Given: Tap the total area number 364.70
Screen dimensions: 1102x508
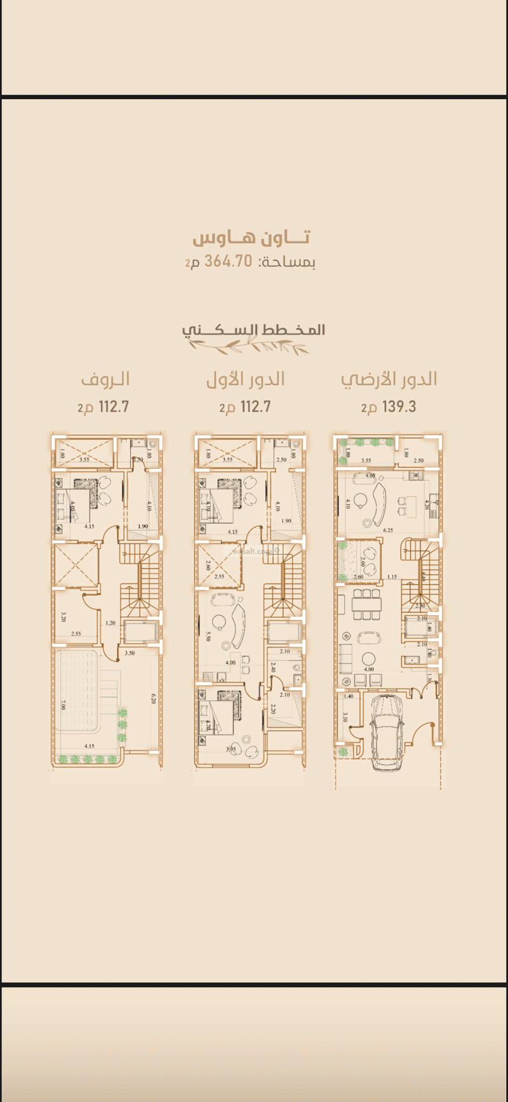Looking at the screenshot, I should coord(228,261).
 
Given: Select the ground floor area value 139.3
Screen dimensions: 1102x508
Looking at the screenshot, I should coord(399,407).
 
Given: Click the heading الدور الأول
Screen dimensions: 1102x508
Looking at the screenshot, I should coord(245,379).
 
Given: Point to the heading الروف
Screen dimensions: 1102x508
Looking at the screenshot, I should coord(105,379).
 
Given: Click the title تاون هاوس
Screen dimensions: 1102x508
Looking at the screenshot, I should coord(251,238).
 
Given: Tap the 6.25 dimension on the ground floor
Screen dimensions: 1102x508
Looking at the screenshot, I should coord(388,529).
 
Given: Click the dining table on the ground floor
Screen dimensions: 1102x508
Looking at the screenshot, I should coord(368,604).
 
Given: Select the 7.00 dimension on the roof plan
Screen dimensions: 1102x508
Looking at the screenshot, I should coord(63,705).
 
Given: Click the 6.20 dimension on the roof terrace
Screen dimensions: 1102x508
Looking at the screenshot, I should coord(153,698).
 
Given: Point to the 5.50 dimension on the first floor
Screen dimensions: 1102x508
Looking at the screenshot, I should coord(208,636).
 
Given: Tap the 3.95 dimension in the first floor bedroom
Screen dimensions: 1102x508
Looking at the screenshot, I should coord(230,749).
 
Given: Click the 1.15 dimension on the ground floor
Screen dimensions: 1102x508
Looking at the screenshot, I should coord(392,577).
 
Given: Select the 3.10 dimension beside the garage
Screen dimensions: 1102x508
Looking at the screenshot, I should coord(345,717).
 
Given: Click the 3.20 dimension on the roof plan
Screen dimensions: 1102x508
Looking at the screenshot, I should coord(63,616).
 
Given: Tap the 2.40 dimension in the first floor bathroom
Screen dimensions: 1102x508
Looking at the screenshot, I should coord(272,668).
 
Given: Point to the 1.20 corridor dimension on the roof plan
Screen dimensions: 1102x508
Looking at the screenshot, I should coord(110,623).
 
